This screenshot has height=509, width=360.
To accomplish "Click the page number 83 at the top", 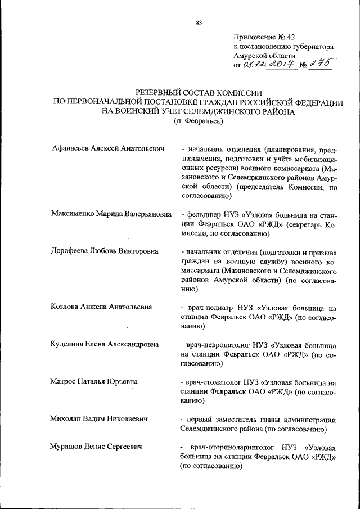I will (x=199, y=23).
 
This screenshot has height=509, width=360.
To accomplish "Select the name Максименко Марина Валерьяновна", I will (x=112, y=214).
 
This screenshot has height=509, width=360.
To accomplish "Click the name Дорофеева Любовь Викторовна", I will (x=103, y=251).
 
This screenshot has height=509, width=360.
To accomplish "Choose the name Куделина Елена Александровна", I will (x=105, y=344).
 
